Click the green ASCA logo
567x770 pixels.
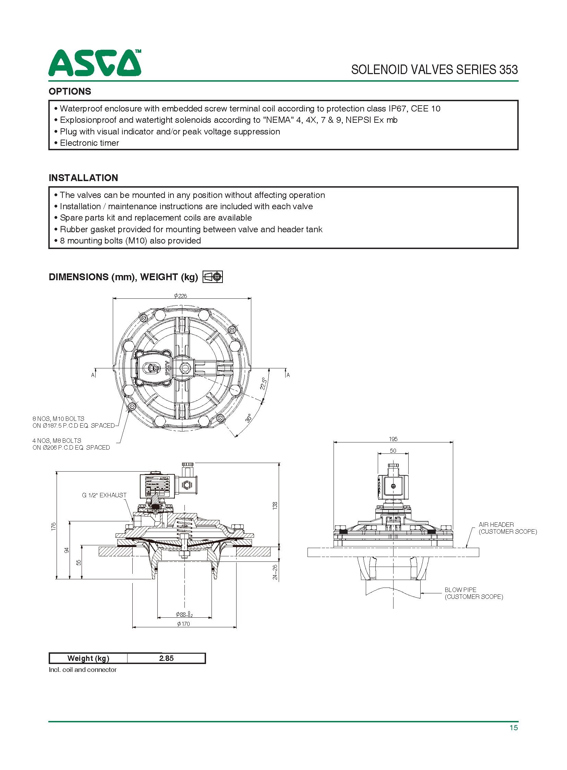pyautogui.click(x=94, y=63)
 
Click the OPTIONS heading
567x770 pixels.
pyautogui.click(x=70, y=91)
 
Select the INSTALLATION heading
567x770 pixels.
pyautogui.click(x=83, y=178)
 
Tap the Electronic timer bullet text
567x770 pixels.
pyautogui.click(x=89, y=143)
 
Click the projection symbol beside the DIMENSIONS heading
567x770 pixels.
pyautogui.click(x=213, y=277)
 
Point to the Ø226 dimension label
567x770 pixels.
pyautogui.click(x=181, y=296)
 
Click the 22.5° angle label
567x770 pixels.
pyautogui.click(x=263, y=383)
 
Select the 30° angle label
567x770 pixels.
pyautogui.click(x=249, y=418)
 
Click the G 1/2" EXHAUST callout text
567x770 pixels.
pyautogui.click(x=104, y=495)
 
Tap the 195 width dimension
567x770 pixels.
pyautogui.click(x=393, y=439)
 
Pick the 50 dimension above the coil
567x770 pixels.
pyautogui.click(x=393, y=451)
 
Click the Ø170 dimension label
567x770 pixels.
pyautogui.click(x=184, y=624)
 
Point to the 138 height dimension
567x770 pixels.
pyautogui.click(x=275, y=506)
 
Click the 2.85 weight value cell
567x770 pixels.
pyautogui.click(x=166, y=658)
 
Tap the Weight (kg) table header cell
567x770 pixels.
pyautogui.click(x=88, y=658)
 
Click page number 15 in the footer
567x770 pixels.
pyautogui.click(x=514, y=727)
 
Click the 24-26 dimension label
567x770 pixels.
pyautogui.click(x=275, y=572)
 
